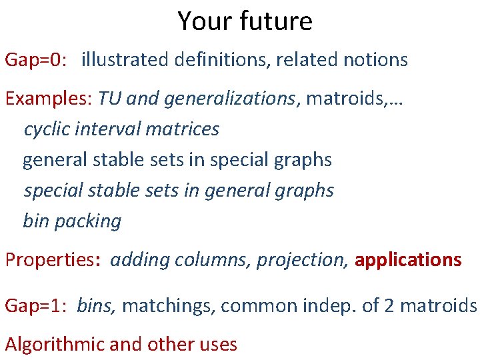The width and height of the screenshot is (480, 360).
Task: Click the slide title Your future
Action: pos(245,21)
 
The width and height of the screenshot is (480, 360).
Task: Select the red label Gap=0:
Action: pos(36,60)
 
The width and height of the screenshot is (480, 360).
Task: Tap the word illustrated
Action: pos(125,60)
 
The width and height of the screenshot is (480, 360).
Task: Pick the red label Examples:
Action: pos(49,99)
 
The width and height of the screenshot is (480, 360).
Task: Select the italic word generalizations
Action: pos(229,99)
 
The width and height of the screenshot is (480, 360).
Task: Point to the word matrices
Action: pos(186,129)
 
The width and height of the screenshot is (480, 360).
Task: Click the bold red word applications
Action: pos(408,260)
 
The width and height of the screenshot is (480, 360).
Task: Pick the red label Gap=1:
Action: pos(36,306)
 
